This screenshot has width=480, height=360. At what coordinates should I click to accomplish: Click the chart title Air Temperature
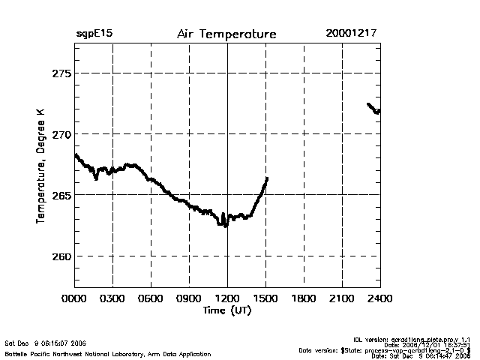pos(226,34)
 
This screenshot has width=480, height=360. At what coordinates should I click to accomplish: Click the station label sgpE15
pos(94,34)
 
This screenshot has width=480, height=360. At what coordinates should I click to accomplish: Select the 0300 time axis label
pos(112,298)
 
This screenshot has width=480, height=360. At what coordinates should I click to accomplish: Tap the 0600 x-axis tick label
pos(151,298)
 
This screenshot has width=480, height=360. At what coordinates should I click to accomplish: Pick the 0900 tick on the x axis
pos(189,298)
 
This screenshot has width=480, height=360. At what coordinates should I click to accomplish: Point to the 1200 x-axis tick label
pos(227,298)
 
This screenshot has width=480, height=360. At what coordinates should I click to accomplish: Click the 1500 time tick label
pos(265,298)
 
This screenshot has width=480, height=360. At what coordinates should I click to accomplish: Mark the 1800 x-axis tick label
pos(304,298)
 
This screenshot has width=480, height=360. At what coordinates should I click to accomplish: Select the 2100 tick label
pos(342,298)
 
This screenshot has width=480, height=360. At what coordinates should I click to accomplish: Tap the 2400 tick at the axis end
pos(379,298)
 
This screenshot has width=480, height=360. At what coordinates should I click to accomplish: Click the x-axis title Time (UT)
pos(226,310)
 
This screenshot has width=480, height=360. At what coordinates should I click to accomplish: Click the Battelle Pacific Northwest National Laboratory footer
pos(108,353)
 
